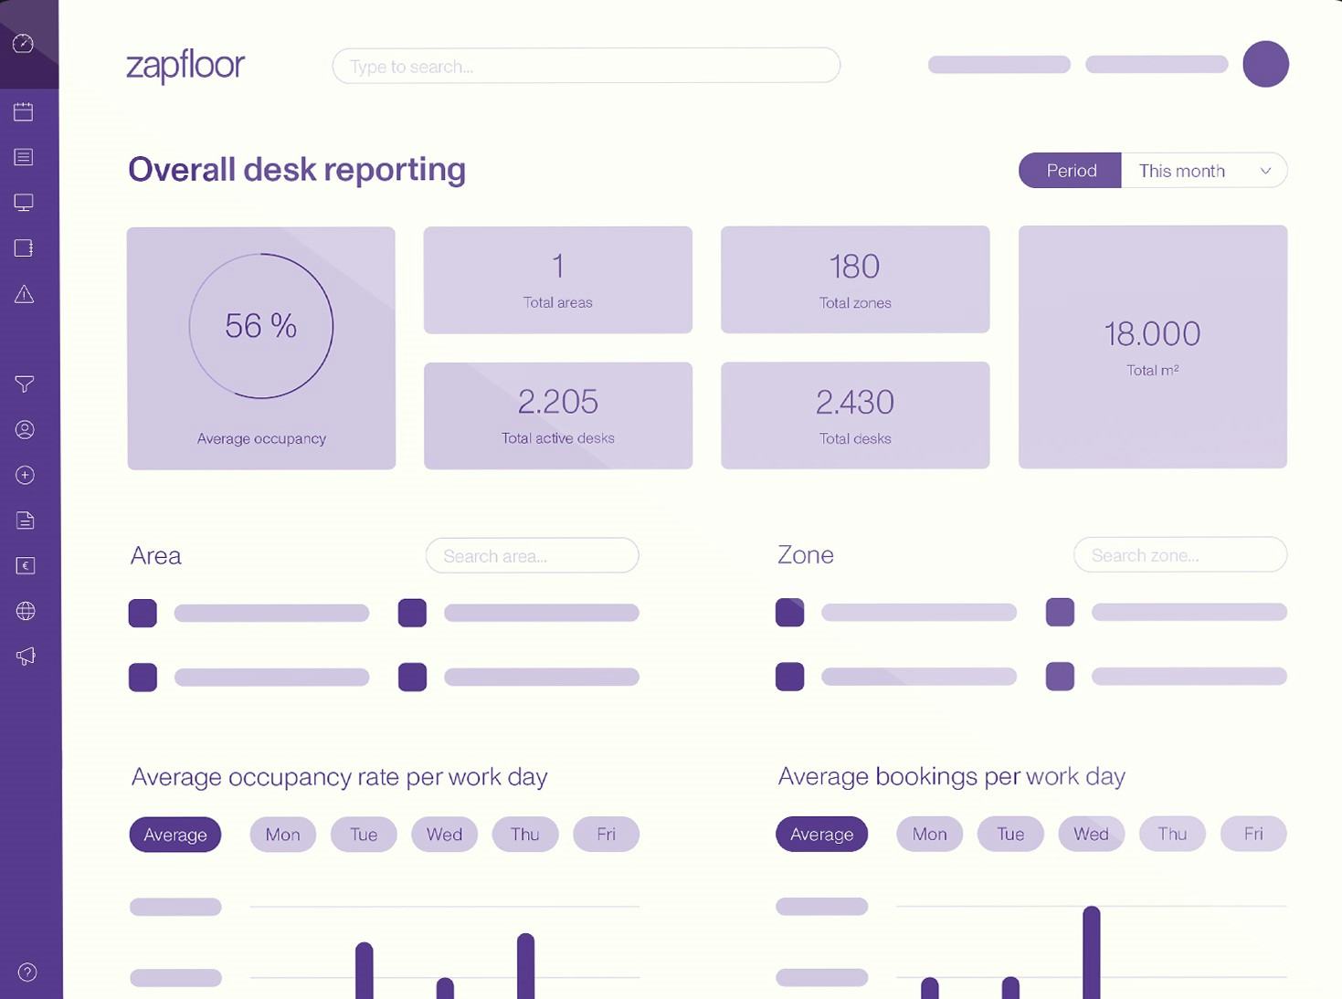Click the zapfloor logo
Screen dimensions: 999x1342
click(185, 66)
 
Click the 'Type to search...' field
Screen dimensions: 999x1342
click(586, 66)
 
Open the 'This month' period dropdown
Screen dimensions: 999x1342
click(1203, 171)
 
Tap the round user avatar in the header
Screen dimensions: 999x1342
click(1265, 64)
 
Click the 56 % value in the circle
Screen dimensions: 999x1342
click(261, 326)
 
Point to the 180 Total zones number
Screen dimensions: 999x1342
click(854, 267)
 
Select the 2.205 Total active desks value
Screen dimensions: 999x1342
click(557, 402)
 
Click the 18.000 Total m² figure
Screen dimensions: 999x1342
click(1152, 334)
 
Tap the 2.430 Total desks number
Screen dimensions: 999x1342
click(854, 402)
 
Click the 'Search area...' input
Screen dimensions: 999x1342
click(532, 555)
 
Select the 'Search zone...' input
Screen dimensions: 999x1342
click(1179, 555)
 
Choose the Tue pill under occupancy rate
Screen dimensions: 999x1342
click(364, 835)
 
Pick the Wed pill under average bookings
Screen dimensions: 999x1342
click(1091, 834)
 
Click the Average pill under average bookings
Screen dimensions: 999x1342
click(821, 834)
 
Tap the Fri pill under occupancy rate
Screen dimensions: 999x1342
click(606, 835)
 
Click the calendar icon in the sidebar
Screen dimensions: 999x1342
click(24, 111)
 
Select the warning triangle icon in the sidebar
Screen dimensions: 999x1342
click(25, 294)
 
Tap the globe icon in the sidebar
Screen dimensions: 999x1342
click(26, 611)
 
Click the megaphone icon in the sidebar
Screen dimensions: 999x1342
click(26, 656)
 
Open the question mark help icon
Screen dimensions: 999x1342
click(27, 973)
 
